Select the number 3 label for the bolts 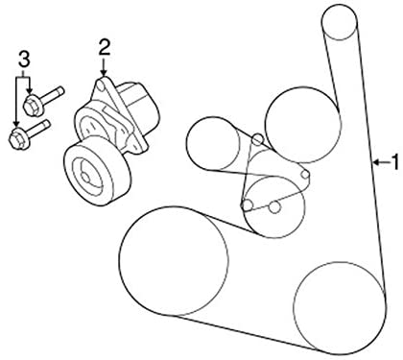pos(23,65)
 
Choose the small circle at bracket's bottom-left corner pos(248,204)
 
